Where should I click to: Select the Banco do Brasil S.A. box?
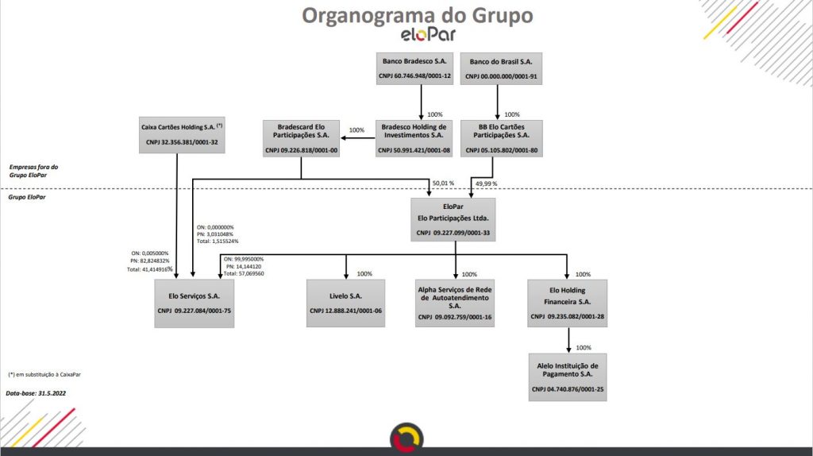tap(501, 69)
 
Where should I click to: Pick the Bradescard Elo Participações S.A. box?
tap(301, 138)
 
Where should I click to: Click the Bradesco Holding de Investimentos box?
tap(414, 138)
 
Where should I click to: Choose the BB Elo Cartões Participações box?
tap(501, 138)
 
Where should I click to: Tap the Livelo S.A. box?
tap(345, 303)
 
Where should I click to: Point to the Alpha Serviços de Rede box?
tap(455, 303)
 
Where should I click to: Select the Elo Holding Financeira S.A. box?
tap(568, 303)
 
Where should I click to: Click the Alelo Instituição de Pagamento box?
tap(568, 377)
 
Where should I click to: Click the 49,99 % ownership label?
tap(486, 184)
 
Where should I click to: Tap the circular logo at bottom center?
tap(406, 438)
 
